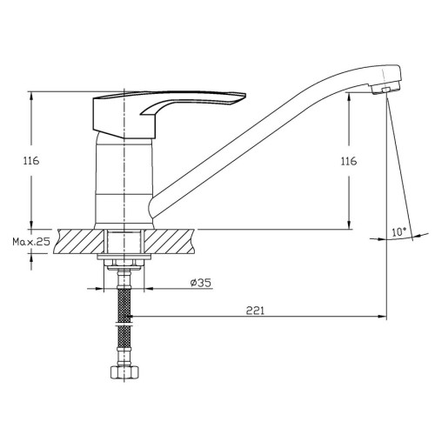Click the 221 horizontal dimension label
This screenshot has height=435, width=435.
pyautogui.click(x=255, y=311)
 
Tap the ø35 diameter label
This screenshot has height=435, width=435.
pyautogui.click(x=201, y=283)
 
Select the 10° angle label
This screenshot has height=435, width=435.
pyautogui.click(x=399, y=232)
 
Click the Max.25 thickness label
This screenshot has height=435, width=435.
pyautogui.click(x=31, y=241)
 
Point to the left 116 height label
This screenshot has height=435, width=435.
pyautogui.click(x=31, y=160)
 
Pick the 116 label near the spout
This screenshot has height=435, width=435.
pyautogui.click(x=349, y=161)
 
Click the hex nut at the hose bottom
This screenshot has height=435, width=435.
pyautogui.click(x=124, y=372)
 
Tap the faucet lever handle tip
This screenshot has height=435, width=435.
pyautogui.click(x=244, y=96)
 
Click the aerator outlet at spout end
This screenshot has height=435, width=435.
pyautogui.click(x=385, y=90)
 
